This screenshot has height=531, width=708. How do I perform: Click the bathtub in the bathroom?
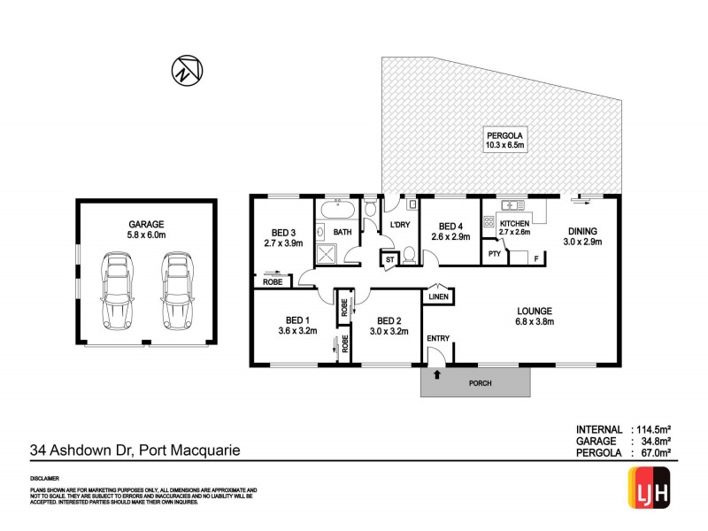336,211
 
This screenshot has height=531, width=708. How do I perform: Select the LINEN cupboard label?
438,297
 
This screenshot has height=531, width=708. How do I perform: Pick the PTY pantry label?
495,254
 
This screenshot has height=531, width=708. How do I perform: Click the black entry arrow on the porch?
436,375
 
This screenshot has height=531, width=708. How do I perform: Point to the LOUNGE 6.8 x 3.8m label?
535,316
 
